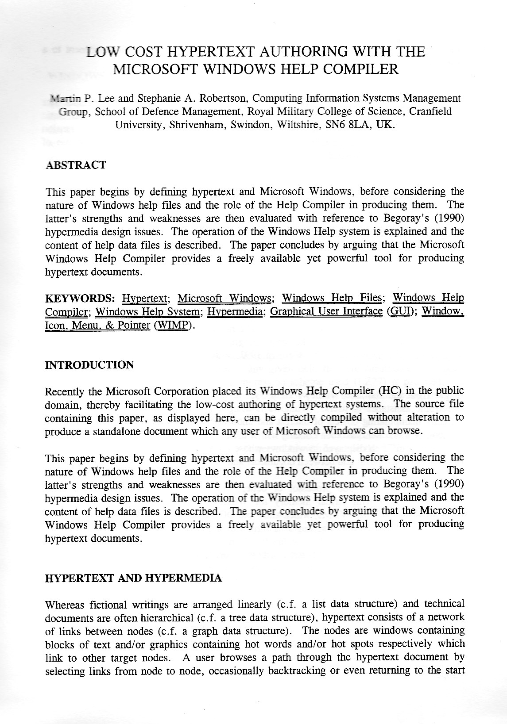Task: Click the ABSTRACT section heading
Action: click(76, 165)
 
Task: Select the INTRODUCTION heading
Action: click(89, 365)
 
